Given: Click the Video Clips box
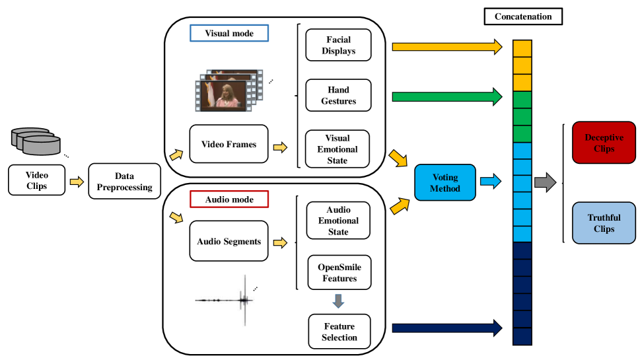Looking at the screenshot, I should point(37,180).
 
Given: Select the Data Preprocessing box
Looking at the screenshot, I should point(124,182).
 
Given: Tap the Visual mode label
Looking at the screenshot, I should point(229,33).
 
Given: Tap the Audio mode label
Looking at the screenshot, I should point(229,199).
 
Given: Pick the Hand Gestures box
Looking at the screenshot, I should point(338,96).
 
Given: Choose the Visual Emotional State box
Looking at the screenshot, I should point(338,149).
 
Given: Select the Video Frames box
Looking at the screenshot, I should point(228,144).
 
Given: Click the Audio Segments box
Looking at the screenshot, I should point(229,241).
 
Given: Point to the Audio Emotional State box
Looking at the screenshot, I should point(338,221).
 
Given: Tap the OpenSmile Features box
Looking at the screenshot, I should point(338,273).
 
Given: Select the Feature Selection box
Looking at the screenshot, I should point(339,332).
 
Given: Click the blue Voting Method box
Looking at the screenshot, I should point(444,182).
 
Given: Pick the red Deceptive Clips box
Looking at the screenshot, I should point(604,143).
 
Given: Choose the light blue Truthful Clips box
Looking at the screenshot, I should point(604,223).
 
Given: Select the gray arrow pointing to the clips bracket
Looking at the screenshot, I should point(545,182).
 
